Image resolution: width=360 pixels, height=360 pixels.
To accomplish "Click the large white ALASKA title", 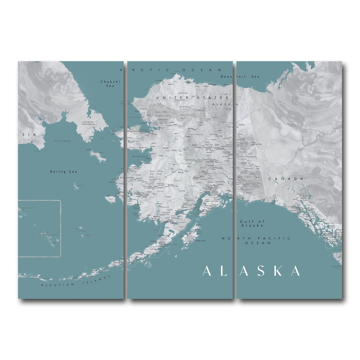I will tap(251, 271).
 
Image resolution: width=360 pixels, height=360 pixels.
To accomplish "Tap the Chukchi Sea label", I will tap(110, 83).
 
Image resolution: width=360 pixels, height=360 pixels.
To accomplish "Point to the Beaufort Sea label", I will tap(240, 77).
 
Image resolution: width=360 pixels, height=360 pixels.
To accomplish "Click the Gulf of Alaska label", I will tap(252, 223).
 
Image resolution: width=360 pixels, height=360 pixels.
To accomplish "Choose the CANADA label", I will tap(286, 179).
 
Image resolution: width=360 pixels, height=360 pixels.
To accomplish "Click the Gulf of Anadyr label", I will tap(63, 141).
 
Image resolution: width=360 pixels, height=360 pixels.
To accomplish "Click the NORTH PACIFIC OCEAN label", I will tap(256, 240).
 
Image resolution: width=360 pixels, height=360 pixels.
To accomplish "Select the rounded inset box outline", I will tap(60, 228).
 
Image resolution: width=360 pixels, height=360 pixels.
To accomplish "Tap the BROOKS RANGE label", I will tap(185, 107).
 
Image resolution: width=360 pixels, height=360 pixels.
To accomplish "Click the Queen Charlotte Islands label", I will tap(335, 267).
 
